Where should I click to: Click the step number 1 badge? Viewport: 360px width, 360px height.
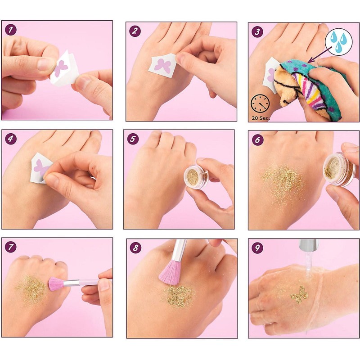[x=10, y=30]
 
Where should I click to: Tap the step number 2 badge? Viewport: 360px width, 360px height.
[x=135, y=31]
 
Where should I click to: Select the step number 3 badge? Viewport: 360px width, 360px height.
[x=257, y=32]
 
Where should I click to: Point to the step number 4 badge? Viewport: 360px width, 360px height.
[x=11, y=139]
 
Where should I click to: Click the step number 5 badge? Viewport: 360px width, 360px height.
[x=133, y=139]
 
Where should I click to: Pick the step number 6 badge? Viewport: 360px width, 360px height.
[x=257, y=140]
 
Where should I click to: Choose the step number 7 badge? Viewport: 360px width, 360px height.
[x=11, y=247]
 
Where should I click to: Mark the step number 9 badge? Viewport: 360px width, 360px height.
[x=257, y=248]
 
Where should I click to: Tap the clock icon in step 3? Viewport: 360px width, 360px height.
[x=260, y=103]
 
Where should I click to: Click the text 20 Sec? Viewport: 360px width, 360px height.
[x=261, y=118]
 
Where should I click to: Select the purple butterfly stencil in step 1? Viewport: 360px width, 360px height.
[x=60, y=67]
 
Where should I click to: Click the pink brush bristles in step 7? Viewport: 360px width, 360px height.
[x=56, y=284]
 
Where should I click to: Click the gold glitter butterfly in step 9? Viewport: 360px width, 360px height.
[x=299, y=295]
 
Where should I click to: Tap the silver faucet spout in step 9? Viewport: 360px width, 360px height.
[x=309, y=245]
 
